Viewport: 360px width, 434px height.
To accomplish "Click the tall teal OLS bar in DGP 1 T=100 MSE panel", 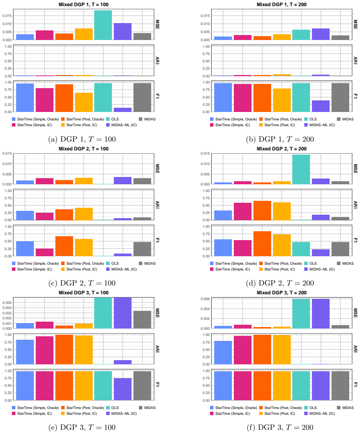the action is coord(103,25).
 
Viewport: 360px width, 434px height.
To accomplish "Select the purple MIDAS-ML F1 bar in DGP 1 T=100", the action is coord(123,110).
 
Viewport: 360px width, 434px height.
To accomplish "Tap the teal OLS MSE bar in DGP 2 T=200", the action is coord(301,169).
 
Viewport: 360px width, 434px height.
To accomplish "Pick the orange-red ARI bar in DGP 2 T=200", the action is coord(262,210).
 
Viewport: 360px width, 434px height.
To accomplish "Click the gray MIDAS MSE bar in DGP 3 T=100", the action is coord(142,320).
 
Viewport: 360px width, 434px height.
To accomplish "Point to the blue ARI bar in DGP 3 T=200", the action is coord(223,352).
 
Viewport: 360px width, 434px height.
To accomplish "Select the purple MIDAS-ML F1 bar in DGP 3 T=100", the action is coord(123,389).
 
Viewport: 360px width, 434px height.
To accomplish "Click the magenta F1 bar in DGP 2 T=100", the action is coord(45,252).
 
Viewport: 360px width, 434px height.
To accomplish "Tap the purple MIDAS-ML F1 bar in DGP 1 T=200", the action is coord(321,106).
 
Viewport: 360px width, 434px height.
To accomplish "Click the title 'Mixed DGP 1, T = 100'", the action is coord(83,5).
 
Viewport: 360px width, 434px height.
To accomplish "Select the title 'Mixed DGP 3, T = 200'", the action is coord(282,292).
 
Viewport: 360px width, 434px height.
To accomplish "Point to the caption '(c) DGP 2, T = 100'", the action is coord(82,283).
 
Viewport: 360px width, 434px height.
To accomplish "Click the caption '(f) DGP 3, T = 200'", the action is coord(280,427).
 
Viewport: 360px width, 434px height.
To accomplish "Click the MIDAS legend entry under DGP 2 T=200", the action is coord(345,264).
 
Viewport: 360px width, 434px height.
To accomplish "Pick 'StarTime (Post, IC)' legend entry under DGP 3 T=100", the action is coord(79,414).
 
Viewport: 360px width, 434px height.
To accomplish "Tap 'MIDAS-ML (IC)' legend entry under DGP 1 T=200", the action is coord(320,125).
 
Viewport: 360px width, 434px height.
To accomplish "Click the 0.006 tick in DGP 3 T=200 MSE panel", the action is coord(205,299).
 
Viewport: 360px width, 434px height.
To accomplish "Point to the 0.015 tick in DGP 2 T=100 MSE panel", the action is coord(7,154).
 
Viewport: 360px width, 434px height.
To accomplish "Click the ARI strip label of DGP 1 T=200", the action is coord(355,61).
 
